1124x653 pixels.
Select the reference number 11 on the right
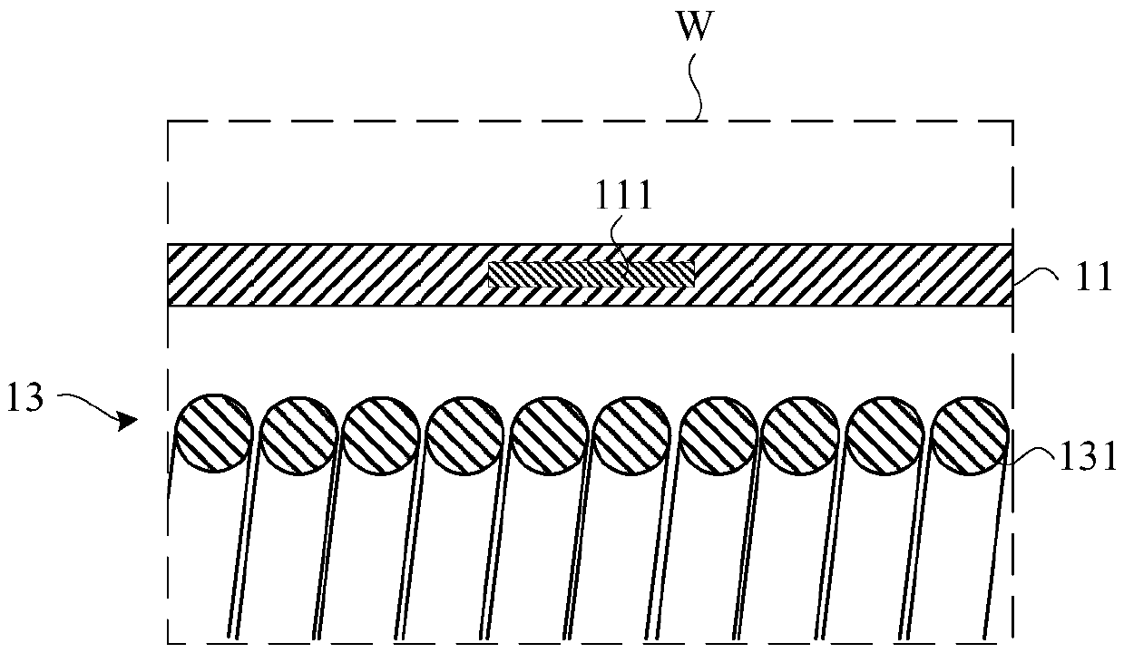pyautogui.click(x=1094, y=277)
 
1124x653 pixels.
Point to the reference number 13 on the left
pyautogui.click(x=27, y=399)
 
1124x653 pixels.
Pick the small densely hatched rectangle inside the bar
pyautogui.click(x=591, y=274)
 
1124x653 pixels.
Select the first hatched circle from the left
pyautogui.click(x=211, y=433)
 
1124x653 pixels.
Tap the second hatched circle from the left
pyautogui.click(x=297, y=433)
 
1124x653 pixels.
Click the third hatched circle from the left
pyautogui.click(x=380, y=433)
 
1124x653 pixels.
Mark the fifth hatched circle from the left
pyautogui.click(x=549, y=433)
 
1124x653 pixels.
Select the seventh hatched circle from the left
pyautogui.click(x=718, y=433)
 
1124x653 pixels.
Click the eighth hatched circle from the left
pyautogui.click(x=802, y=433)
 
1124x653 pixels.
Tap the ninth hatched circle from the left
pyautogui.click(x=886, y=433)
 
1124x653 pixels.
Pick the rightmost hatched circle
pyautogui.click(x=971, y=433)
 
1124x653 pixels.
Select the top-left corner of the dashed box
pyautogui.click(x=170, y=120)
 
